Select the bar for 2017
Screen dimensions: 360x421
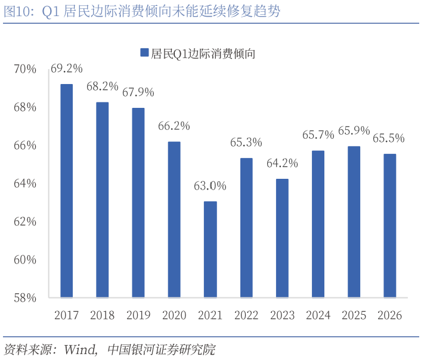[66, 191]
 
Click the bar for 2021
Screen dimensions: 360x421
[210, 249]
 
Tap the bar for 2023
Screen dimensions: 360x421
[282, 238]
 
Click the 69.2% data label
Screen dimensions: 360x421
[66, 69]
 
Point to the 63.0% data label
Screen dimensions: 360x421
[210, 186]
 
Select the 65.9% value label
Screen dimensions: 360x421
[354, 131]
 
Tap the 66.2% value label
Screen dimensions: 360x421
[174, 126]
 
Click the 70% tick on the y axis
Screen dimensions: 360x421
[25, 69]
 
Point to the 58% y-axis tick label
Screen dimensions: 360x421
[25, 297]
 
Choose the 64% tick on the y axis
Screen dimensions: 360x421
[25, 184]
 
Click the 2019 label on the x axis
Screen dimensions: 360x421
[138, 315]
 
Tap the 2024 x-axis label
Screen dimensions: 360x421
[318, 315]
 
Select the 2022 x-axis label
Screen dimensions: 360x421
[246, 315]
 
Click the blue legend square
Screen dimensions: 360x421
[143, 52]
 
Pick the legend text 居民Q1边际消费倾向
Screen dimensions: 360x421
[203, 53]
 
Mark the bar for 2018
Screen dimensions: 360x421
[102, 200]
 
